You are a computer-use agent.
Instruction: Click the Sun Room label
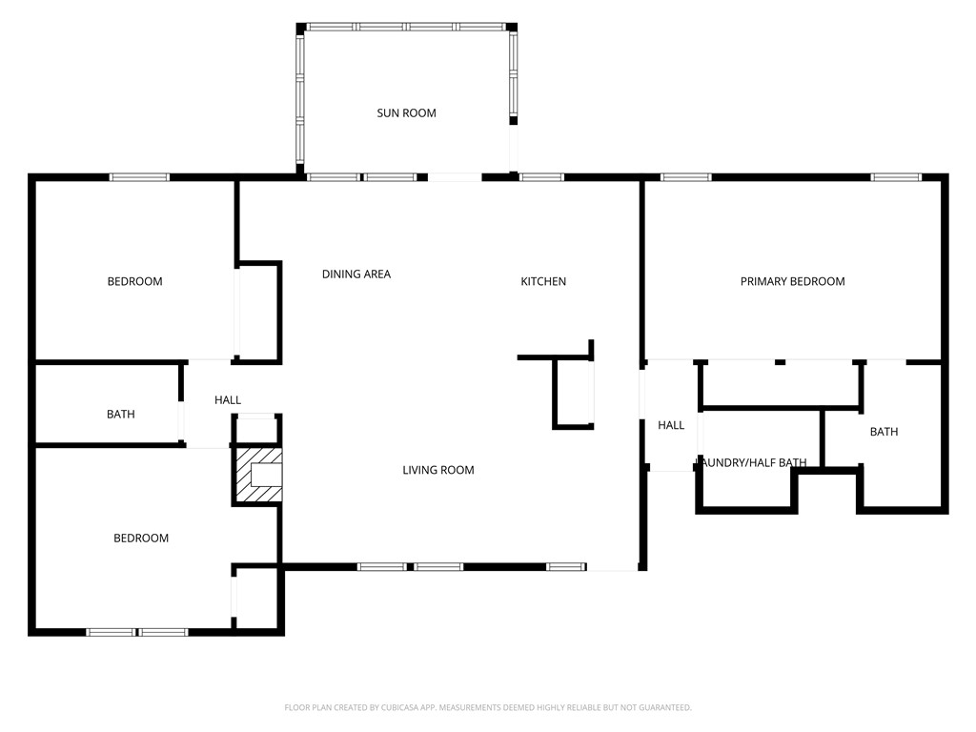tap(406, 113)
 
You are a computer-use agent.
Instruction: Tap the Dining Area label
tap(356, 274)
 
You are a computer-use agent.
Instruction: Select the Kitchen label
tap(543, 281)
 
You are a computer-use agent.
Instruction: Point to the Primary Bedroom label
tap(792, 281)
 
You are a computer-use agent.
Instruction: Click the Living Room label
tap(437, 470)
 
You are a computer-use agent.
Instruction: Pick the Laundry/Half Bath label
tap(752, 463)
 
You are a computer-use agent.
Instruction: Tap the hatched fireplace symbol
tap(259, 477)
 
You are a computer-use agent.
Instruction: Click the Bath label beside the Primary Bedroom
tap(884, 432)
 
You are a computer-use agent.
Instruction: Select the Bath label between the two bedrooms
tap(120, 415)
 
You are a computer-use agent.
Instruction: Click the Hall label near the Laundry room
tap(671, 425)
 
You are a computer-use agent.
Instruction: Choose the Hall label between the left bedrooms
tap(228, 400)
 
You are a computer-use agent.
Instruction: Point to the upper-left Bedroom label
tap(134, 281)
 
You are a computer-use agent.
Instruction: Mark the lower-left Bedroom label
tap(141, 539)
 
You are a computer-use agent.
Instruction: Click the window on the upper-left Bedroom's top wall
tap(139, 177)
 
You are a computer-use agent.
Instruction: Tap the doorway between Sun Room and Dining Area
tap(454, 177)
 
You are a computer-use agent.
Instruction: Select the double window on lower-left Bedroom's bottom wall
tap(137, 631)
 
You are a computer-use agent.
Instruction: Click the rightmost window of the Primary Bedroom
tap(896, 177)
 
